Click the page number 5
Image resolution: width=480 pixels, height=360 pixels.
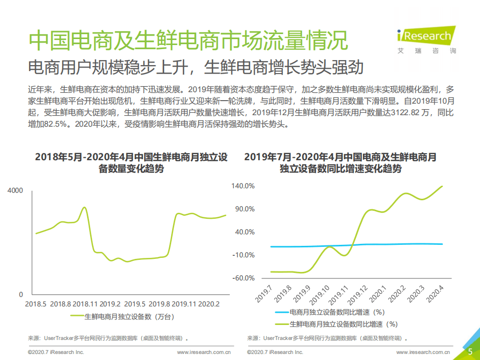pyautogui.click(x=470, y=351)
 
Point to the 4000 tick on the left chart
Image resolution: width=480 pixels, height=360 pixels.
pyautogui.click(x=15, y=191)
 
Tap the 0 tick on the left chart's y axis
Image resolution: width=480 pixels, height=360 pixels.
pyautogui.click(x=21, y=294)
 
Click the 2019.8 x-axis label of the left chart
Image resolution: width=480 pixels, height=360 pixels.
pyautogui.click(x=160, y=304)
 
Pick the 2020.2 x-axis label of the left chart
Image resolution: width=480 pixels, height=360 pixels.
pyautogui.click(x=209, y=304)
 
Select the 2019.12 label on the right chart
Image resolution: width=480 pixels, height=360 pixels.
pyautogui.click(x=358, y=295)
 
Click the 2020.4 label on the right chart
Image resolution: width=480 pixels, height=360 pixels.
pyautogui.click(x=434, y=295)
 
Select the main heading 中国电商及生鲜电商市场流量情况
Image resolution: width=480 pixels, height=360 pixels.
pyautogui.click(x=188, y=40)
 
